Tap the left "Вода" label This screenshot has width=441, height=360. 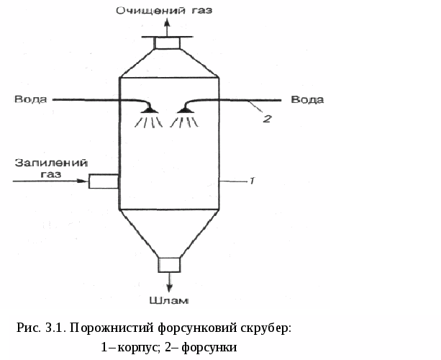(x=29, y=99)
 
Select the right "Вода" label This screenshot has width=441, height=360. (x=307, y=99)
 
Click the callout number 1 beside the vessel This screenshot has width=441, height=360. (x=252, y=181)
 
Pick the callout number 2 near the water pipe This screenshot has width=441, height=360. (x=265, y=119)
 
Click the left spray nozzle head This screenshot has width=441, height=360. (x=149, y=109)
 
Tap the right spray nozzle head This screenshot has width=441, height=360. (x=186, y=109)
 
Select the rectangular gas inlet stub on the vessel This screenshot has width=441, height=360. (x=103, y=181)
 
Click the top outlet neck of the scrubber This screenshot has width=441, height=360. (x=168, y=44)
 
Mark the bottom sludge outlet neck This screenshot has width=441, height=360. (x=168, y=264)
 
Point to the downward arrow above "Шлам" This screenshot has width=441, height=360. (x=169, y=282)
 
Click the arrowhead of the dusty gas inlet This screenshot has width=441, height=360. (x=83, y=181)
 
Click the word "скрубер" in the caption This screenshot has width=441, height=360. (x=265, y=329)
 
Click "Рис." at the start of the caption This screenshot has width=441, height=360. (x=28, y=329)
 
